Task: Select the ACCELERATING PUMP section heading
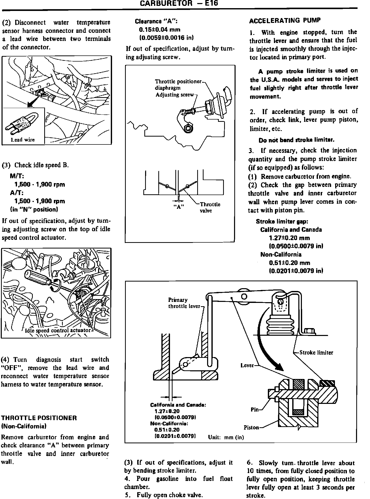click(x=285, y=21)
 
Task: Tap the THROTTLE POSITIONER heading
click(x=39, y=418)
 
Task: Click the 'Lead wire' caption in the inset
click(x=23, y=140)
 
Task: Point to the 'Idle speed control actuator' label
click(x=58, y=330)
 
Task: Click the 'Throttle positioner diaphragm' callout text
click(x=178, y=85)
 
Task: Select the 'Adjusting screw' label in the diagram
click(x=175, y=95)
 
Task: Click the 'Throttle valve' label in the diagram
click(x=210, y=207)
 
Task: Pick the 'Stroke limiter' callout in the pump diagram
click(x=316, y=353)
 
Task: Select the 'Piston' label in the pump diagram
click(x=251, y=427)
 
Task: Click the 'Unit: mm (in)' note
click(x=226, y=437)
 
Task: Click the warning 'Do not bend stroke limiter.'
click(x=296, y=140)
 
